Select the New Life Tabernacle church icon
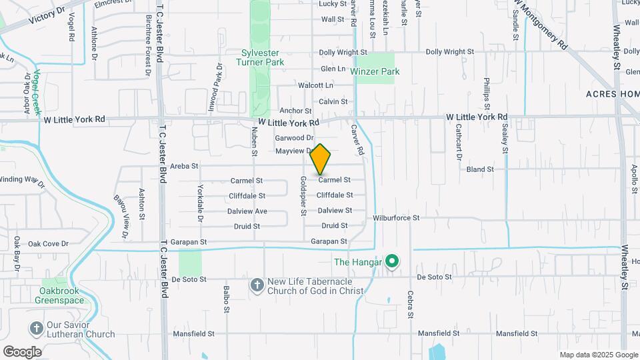257,285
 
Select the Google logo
22,351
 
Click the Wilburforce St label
396,217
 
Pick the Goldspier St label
303,196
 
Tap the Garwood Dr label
294,137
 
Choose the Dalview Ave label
247,211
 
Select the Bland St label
480,169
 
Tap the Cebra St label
411,304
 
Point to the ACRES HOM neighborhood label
613,94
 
